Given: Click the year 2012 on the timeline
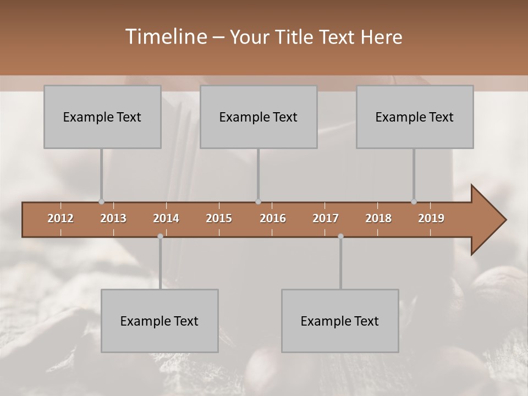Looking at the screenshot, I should [61, 218].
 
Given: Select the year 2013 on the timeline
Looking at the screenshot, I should [113, 218].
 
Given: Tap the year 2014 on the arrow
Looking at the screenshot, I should [166, 218].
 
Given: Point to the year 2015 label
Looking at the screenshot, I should [219, 218].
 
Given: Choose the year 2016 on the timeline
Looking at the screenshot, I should [273, 218].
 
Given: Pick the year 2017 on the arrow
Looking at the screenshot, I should [326, 218].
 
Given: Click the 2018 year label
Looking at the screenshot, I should [378, 218].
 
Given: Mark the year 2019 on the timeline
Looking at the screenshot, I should [431, 218].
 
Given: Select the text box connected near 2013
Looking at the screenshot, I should [102, 117].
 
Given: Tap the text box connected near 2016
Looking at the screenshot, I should [258, 117].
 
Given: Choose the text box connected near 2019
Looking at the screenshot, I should [415, 117].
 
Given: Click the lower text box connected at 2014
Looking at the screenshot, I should [159, 321].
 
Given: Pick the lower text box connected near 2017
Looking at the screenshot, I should [340, 321].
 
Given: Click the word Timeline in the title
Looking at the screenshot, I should [166, 37].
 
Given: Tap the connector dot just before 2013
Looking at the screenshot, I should [101, 201].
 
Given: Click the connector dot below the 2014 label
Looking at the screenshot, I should [160, 236].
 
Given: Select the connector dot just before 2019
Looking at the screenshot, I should [414, 201].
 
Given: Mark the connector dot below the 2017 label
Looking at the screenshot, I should [340, 236].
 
